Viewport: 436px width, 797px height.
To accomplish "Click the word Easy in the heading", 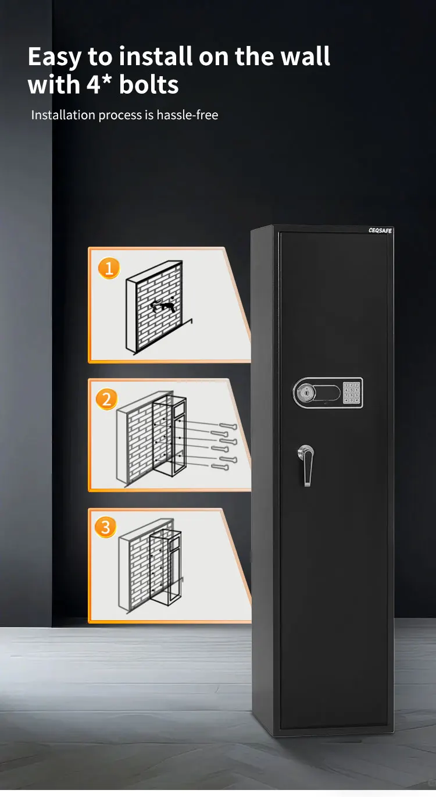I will coord(55,57).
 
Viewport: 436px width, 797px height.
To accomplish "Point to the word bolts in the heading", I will coord(149,85).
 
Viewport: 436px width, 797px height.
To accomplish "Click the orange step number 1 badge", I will coord(108,268).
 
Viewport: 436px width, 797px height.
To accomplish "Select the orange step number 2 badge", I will coord(106,399).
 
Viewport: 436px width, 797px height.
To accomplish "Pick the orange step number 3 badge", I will coord(106,527).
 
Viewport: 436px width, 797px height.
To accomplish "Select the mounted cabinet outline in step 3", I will coord(165,570).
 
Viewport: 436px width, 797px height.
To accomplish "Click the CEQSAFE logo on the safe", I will coord(380,231).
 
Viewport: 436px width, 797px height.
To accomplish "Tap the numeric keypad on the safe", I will coord(351,393).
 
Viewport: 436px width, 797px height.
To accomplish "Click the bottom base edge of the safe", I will coord(334,731).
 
